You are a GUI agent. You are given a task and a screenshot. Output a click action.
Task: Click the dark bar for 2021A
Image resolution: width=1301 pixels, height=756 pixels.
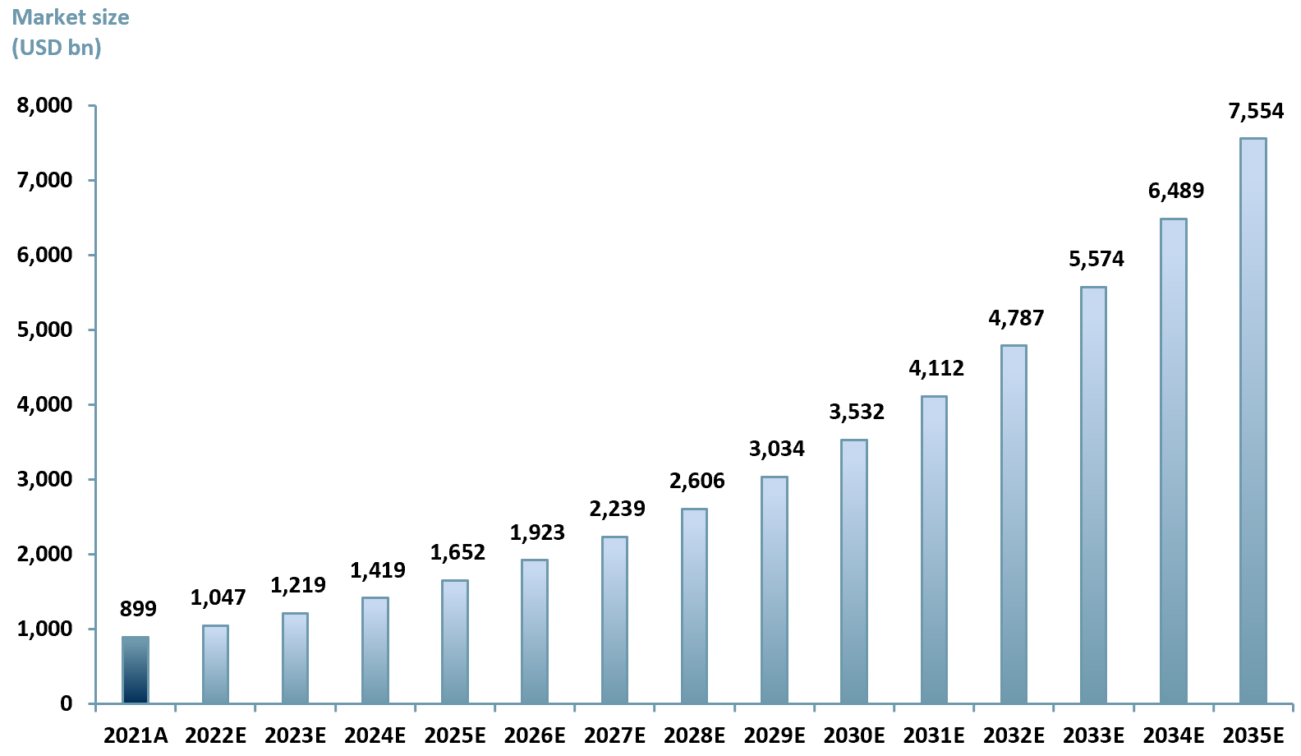point(136,670)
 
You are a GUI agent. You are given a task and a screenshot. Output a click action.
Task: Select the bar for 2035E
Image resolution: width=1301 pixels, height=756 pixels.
point(1253,421)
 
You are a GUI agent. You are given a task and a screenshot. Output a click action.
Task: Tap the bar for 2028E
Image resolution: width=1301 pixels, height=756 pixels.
point(694,606)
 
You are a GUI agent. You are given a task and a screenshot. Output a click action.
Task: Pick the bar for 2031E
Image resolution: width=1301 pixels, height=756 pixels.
point(934,549)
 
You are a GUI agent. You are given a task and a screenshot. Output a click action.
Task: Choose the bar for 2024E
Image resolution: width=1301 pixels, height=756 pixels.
point(375,650)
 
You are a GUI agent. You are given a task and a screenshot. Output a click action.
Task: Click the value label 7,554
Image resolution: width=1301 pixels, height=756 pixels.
point(1256,111)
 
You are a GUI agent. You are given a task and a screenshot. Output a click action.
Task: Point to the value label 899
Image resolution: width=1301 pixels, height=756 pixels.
point(138,609)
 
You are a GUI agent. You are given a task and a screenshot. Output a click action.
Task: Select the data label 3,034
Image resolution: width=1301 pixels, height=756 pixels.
point(776,449)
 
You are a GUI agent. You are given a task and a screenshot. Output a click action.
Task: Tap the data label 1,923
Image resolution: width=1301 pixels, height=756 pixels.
point(537,532)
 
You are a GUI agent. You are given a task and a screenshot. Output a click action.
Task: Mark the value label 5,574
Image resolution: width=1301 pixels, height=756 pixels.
point(1096,259)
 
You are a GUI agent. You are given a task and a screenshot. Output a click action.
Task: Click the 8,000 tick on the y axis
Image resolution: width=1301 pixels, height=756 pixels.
point(44,105)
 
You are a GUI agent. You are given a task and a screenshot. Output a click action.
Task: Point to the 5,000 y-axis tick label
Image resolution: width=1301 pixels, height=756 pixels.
point(44,330)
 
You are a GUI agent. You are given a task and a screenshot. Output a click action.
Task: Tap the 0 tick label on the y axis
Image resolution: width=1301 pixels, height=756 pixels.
point(66,703)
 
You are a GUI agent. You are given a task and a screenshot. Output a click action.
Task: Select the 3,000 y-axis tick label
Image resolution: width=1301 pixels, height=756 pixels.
point(44,479)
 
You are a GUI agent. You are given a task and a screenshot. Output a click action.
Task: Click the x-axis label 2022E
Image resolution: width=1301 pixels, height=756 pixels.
point(215,735)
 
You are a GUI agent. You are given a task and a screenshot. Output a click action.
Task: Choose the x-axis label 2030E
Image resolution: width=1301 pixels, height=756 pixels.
point(854,735)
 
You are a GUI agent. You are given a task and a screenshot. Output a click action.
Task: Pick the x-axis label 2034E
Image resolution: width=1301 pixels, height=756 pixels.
point(1174,735)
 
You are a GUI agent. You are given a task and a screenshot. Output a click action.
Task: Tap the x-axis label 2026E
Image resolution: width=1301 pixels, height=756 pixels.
point(535,735)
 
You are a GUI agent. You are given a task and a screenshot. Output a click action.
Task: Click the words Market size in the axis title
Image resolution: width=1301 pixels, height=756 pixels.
point(71,17)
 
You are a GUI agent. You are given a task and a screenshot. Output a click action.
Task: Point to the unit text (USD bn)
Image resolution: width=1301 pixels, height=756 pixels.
point(57,48)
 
